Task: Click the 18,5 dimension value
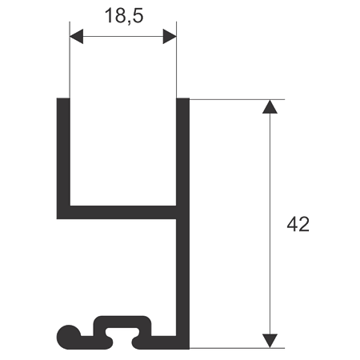(x=124, y=16)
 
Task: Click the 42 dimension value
(x=298, y=224)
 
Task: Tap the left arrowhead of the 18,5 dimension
(x=76, y=36)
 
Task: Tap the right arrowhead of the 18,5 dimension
(x=170, y=36)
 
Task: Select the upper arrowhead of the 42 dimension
(x=270, y=106)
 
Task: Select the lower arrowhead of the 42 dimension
(x=270, y=341)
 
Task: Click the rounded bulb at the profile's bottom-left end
(x=68, y=337)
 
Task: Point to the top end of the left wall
(x=63, y=98)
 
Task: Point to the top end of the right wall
(x=183, y=98)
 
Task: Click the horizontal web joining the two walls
(x=123, y=212)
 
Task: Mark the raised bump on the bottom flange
(x=122, y=322)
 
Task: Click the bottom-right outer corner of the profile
(x=190, y=349)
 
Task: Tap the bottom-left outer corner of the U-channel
(x=57, y=219)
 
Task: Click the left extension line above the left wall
(x=70, y=60)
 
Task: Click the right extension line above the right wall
(x=176, y=60)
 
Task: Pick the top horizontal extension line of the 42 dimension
(x=237, y=99)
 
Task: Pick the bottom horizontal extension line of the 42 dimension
(x=237, y=348)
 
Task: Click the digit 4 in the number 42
(x=292, y=224)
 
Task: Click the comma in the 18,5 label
(x=129, y=23)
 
